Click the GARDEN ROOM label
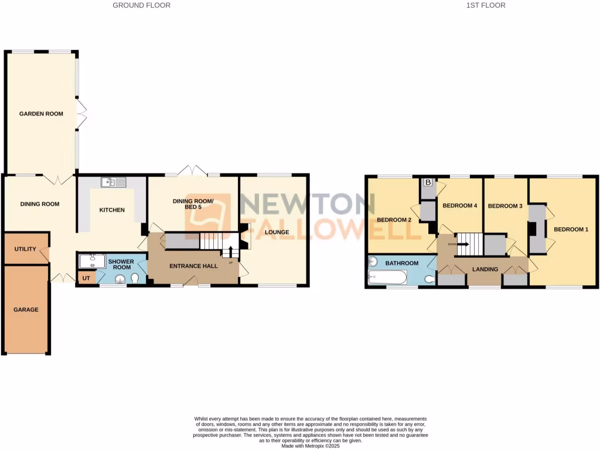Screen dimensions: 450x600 [x=41, y=114]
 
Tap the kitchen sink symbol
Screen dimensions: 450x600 [x=113, y=182]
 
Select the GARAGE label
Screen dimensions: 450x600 [x=26, y=309]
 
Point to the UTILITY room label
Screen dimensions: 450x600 [x=25, y=249]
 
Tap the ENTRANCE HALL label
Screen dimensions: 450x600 [x=193, y=266]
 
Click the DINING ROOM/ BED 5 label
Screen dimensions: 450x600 [x=193, y=204]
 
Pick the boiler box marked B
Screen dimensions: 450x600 [x=428, y=183]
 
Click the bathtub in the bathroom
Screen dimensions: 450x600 [x=388, y=277]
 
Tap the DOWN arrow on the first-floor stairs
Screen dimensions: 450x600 [x=458, y=244]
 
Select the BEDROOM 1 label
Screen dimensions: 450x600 [x=571, y=229]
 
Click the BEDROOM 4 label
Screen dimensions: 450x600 [x=460, y=206]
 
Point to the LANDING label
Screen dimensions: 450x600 [x=485, y=270]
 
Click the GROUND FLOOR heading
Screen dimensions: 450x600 [x=141, y=5]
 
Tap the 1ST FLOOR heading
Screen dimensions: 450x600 [x=486, y=5]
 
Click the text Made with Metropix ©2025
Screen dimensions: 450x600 [x=311, y=446]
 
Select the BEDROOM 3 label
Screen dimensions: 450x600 [x=505, y=206]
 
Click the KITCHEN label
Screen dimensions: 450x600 [x=111, y=210]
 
